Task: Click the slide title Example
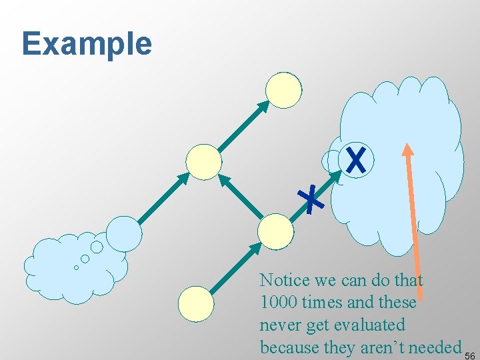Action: tap(87, 44)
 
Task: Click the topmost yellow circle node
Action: tap(283, 90)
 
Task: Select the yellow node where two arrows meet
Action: tap(203, 162)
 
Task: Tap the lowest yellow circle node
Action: tap(196, 304)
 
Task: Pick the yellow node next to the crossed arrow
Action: tap(275, 231)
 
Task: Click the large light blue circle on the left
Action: tap(125, 233)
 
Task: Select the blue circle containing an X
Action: tap(357, 161)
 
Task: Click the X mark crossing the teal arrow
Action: tap(311, 199)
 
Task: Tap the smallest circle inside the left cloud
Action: tap(76, 267)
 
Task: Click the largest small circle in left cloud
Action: tap(97, 247)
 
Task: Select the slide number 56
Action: tap(469, 353)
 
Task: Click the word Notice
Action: tap(285, 279)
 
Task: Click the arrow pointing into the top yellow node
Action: tap(243, 126)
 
